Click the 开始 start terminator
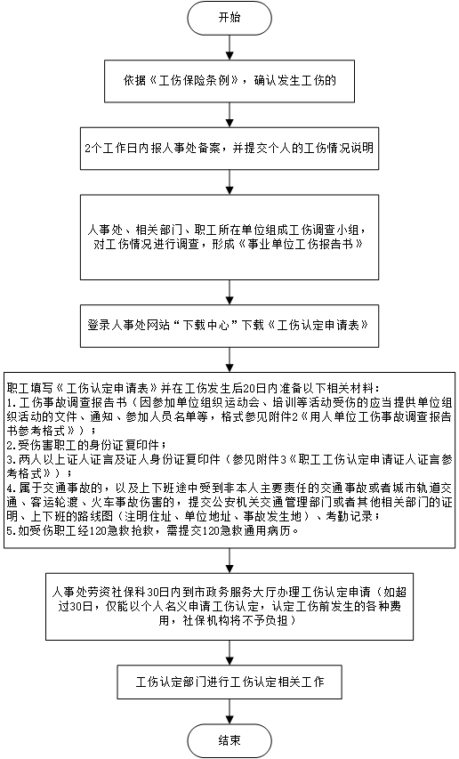coord(229,19)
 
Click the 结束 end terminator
coord(229,741)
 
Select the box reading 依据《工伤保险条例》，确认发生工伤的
coord(229,81)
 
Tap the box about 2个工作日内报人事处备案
coord(229,148)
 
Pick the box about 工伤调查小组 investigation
coord(229,238)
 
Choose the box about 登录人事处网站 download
coord(229,326)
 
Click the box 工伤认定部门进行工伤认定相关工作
coord(229,682)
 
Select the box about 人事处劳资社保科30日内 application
coord(229,607)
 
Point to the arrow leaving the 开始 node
coord(229,48)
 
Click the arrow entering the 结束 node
coord(229,712)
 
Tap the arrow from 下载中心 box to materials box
coord(229,359)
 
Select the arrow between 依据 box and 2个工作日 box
coord(229,115)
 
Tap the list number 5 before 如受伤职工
coord(11,531)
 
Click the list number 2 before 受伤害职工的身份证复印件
coord(11,445)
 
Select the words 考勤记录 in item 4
coord(350,516)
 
